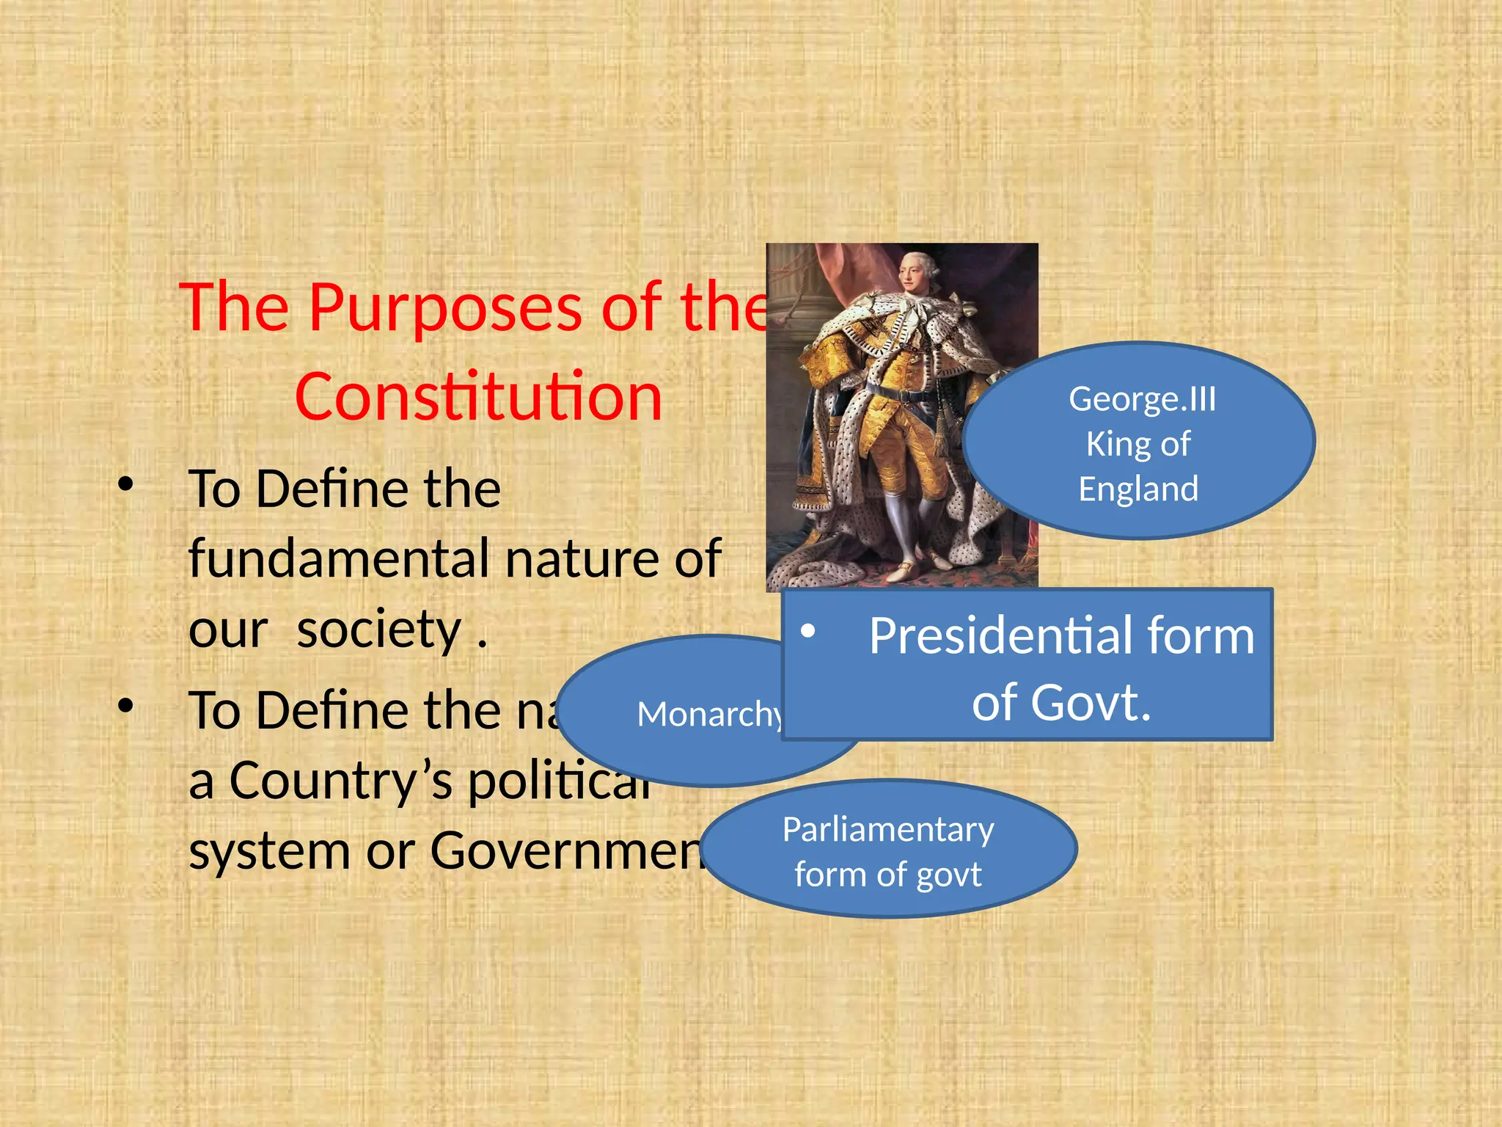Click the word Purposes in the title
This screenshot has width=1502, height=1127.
pos(447,308)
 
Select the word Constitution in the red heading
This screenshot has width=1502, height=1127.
pos(478,397)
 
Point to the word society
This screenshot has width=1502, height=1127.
pos(378,630)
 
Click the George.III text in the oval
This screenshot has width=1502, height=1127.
pos(1142,400)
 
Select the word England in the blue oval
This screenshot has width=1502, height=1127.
pos(1138,489)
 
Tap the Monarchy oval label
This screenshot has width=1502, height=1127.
pos(708,714)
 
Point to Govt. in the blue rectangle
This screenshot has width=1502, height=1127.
pos(1061,703)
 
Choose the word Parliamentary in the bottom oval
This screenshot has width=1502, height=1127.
pos(888,830)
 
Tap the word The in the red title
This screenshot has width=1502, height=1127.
pos(234,308)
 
